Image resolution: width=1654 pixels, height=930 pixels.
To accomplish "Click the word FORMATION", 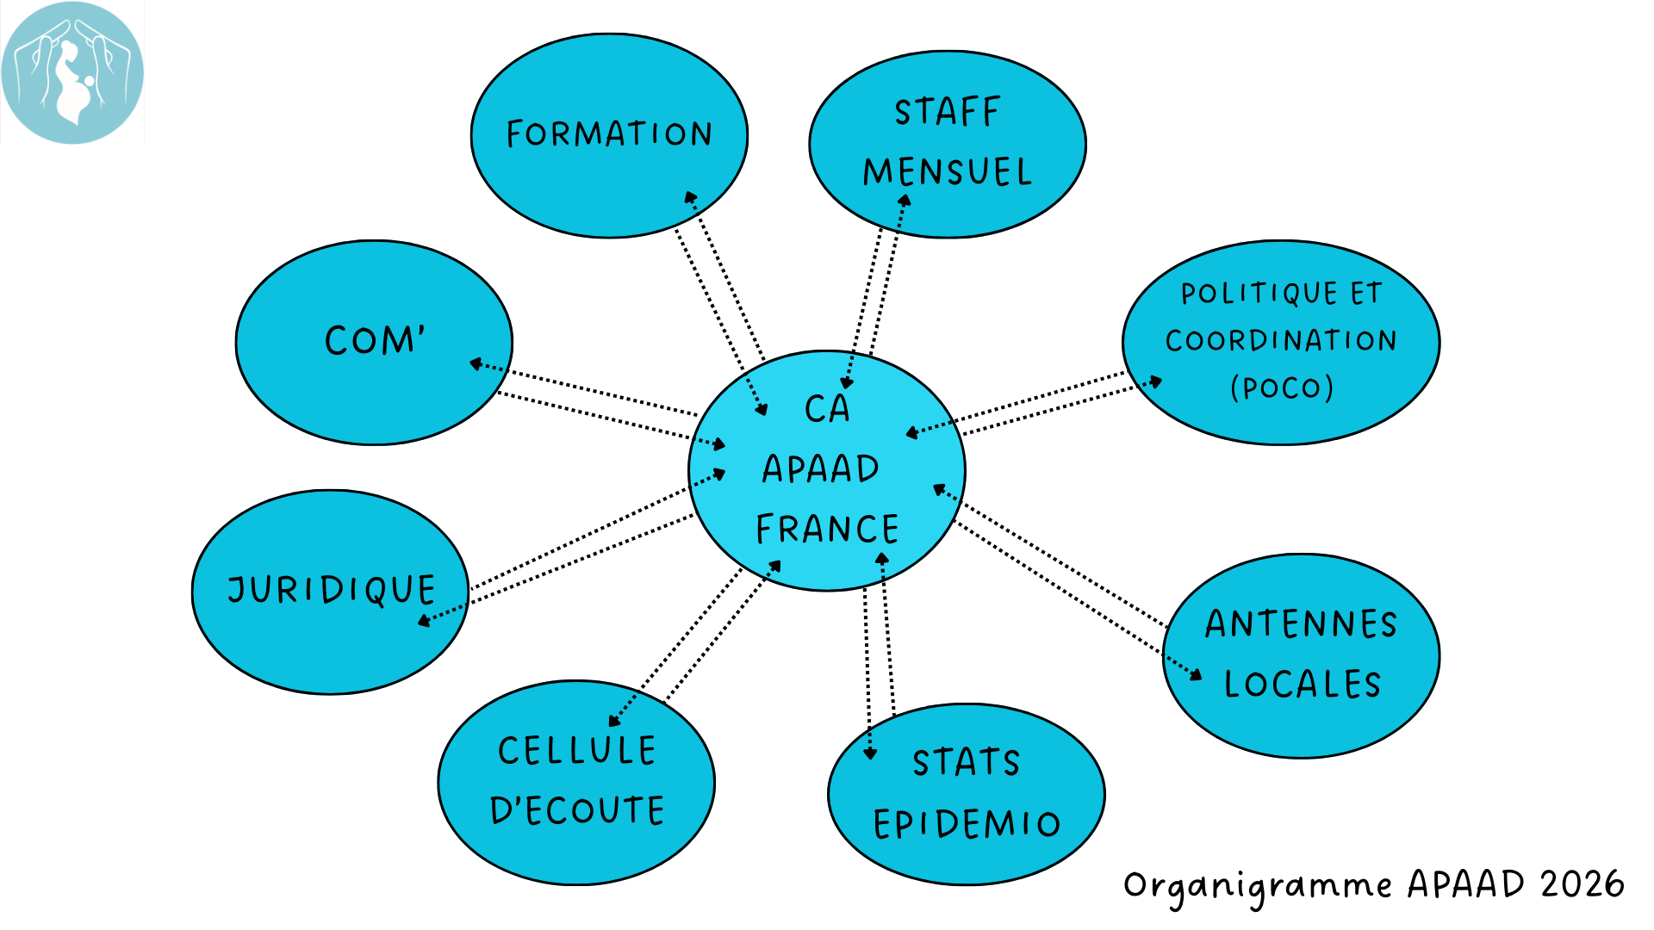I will pyautogui.click(x=609, y=134).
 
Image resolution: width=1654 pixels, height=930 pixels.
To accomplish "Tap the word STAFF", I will pyautogui.click(x=948, y=112).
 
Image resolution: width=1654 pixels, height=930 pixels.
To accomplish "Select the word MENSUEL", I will pyautogui.click(x=948, y=172).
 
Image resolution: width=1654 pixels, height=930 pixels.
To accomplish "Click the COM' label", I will pyautogui.click(x=375, y=340).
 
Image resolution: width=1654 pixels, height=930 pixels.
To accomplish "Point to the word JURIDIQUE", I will pyautogui.click(x=332, y=591).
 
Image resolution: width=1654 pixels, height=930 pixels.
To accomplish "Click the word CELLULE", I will pyautogui.click(x=577, y=751).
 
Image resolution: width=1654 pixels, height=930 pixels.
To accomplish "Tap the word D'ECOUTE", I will pyautogui.click(x=577, y=810).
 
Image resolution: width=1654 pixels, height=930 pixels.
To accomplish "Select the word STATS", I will pyautogui.click(x=967, y=763).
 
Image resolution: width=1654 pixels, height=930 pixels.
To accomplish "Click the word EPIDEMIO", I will pyautogui.click(x=967, y=824).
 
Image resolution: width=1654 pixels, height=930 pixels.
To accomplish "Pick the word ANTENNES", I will pyautogui.click(x=1301, y=624).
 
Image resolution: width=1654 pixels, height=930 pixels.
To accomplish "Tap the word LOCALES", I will pyautogui.click(x=1303, y=685).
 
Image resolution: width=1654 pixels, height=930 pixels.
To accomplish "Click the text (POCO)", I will pyautogui.click(x=1282, y=387).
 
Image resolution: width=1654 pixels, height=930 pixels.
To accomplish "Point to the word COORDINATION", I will pyautogui.click(x=1281, y=341).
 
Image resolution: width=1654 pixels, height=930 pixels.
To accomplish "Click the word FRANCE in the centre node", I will pyautogui.click(x=827, y=529).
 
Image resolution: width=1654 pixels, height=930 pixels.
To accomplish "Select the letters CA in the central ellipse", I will pyautogui.click(x=827, y=409).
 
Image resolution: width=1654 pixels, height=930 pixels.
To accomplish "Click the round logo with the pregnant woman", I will pyautogui.click(x=72, y=72).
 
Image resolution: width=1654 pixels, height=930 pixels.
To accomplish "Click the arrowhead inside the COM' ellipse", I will pyautogui.click(x=476, y=364).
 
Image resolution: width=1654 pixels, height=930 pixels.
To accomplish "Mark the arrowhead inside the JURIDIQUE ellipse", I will pyautogui.click(x=424, y=620).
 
